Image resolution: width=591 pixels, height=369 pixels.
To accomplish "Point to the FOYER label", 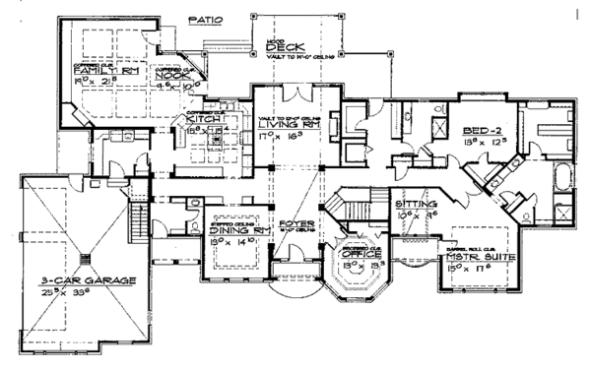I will tap(295, 224).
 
